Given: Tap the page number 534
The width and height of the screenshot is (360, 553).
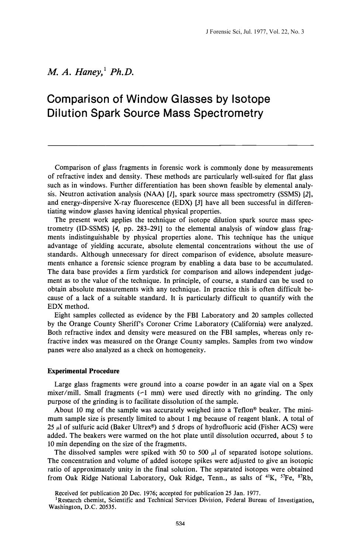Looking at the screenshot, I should (x=180, y=524).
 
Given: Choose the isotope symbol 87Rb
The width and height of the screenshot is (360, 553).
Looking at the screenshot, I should (x=305, y=478).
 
